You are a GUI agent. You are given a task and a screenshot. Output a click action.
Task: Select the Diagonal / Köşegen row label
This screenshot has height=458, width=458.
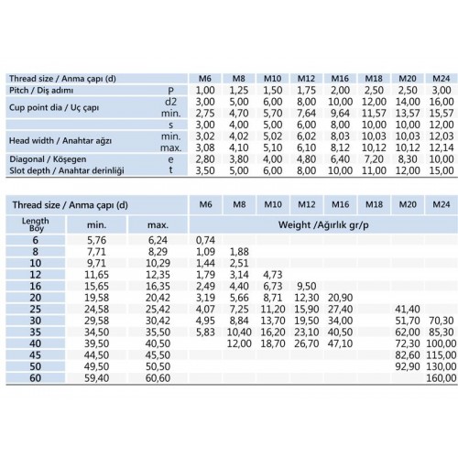(49, 158)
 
